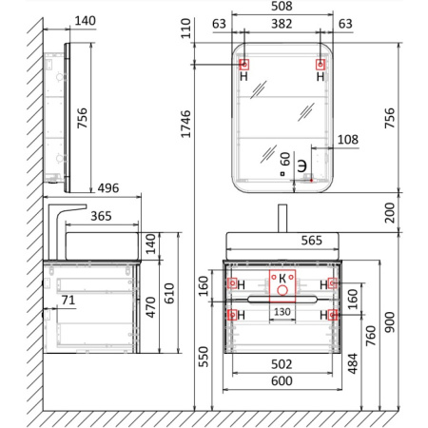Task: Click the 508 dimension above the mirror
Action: coord(282,6)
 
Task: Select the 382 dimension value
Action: coord(282,24)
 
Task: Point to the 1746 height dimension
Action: coord(185,124)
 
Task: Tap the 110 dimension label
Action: coord(185,29)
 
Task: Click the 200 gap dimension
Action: coord(390,213)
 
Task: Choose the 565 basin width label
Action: coord(312,241)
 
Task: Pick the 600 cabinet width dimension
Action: coord(282,380)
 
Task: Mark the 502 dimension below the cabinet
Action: coord(282,364)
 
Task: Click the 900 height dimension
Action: coord(390,322)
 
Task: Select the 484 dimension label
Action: coord(353,363)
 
